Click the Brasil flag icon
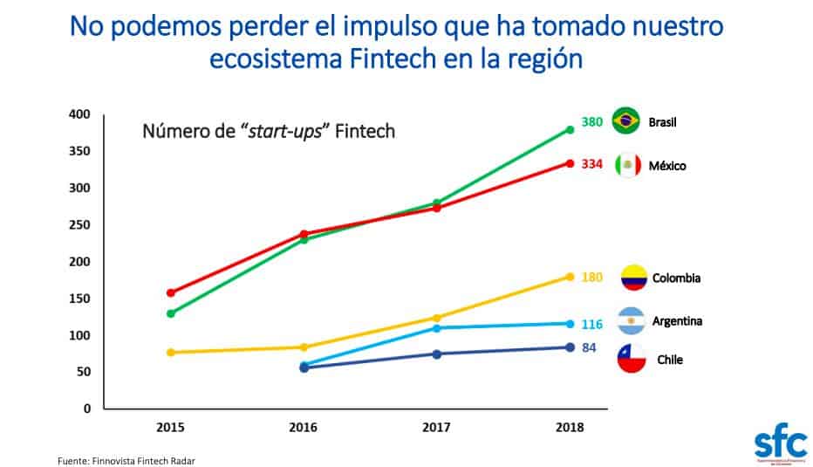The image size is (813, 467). pos(626,121)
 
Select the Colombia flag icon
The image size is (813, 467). pos(633,278)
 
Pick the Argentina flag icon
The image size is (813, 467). pos(631,321)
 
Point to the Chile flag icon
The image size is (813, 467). pos(632,359)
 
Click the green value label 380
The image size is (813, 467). pos(592,122)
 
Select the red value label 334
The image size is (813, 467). pos(592,164)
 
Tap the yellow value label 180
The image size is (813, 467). pos(592,278)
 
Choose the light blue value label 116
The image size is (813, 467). pos(592,325)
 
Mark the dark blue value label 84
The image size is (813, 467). pos(590,347)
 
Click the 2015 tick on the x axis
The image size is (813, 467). pos(170,428)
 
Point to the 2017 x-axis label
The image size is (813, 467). pos(436,428)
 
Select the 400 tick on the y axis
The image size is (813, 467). pos(79,114)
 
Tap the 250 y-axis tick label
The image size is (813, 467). pos(79,225)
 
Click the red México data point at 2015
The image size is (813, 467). pos(171,292)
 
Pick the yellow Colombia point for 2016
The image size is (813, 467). pos(304,347)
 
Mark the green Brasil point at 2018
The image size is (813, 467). pos(570,129)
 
